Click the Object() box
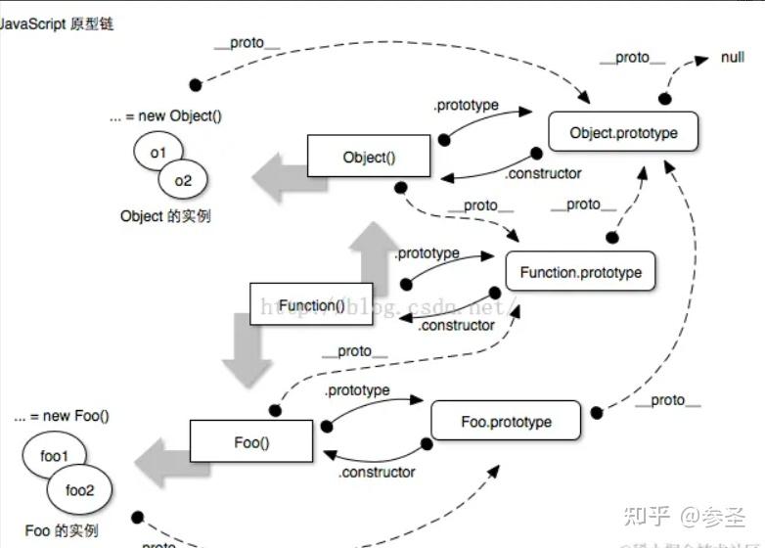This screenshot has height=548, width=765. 369,158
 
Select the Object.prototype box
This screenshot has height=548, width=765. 623,132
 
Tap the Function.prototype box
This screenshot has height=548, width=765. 580,272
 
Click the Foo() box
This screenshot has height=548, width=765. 251,442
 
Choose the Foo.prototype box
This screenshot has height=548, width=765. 506,422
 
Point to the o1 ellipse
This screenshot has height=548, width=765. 158,153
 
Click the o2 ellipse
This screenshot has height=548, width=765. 183,180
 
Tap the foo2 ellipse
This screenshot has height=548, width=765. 80,489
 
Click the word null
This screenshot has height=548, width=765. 733,58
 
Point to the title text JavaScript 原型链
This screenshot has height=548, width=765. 57,23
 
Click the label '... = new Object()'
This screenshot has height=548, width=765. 165,115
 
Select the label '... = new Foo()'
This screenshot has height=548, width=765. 62,416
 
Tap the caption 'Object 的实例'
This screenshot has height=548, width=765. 165,216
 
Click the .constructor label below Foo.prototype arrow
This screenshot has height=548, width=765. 377,473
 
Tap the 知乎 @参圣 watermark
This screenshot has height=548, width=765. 687,514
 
